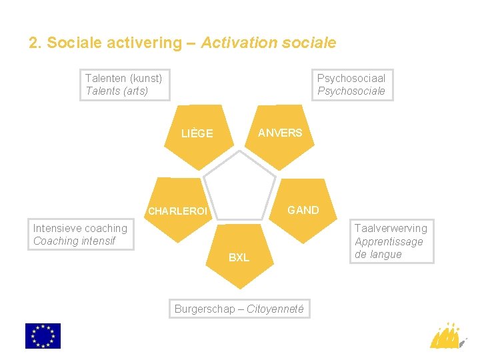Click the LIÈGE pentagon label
click(x=197, y=133)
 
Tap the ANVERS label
click(x=280, y=133)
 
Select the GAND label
click(x=303, y=210)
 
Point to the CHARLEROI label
click(x=178, y=211)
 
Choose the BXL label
click(x=239, y=257)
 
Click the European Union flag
click(x=43, y=336)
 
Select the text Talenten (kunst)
click(x=123, y=78)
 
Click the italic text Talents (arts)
click(x=117, y=91)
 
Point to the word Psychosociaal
click(x=351, y=78)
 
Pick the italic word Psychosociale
click(x=351, y=91)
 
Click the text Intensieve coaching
click(x=80, y=228)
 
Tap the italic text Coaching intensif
click(x=74, y=241)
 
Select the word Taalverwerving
click(x=391, y=229)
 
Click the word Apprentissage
click(x=389, y=241)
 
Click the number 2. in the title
click(x=35, y=43)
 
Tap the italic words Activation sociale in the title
click(x=268, y=43)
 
